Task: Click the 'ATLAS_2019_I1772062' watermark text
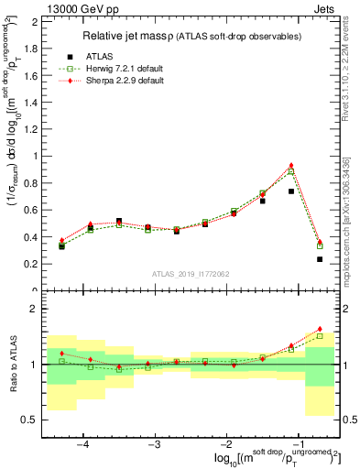coord(191,273)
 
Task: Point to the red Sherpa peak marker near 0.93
coord(291,166)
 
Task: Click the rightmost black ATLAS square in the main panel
coord(320,259)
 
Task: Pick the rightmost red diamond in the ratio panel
coord(320,329)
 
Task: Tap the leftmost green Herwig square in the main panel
coord(61,245)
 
